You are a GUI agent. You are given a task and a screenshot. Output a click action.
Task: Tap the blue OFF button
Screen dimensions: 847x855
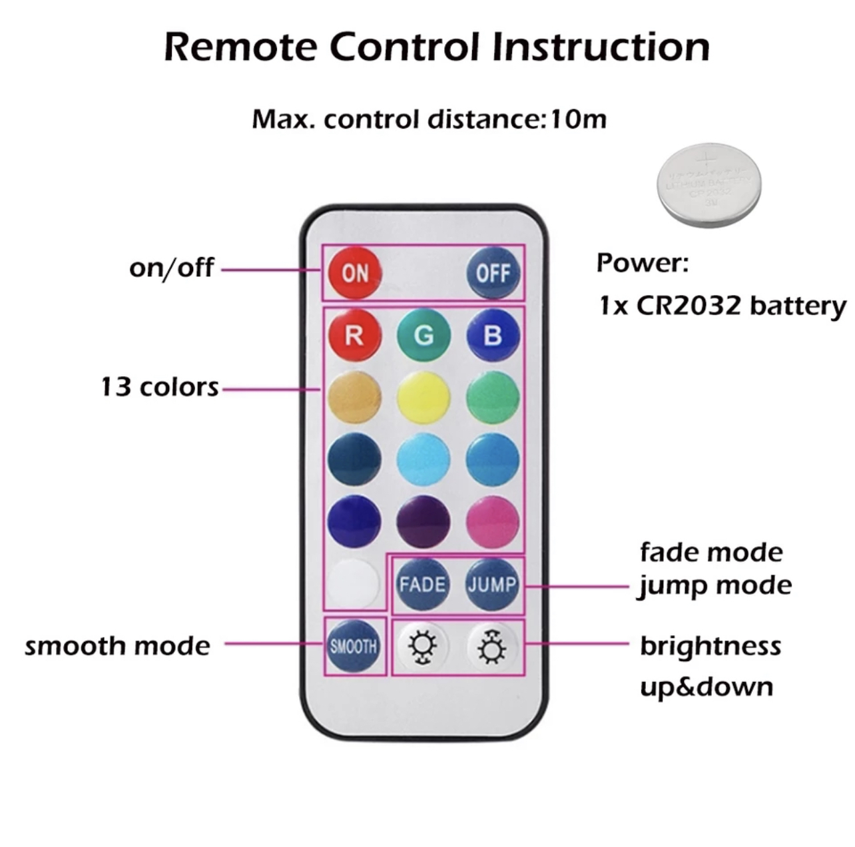click(x=493, y=273)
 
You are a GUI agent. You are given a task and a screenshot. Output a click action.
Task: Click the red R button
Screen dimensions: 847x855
click(x=354, y=335)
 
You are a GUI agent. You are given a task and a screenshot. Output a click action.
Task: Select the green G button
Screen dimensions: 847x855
click(x=424, y=335)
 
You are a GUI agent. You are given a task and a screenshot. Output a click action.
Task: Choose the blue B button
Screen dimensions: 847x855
click(x=493, y=335)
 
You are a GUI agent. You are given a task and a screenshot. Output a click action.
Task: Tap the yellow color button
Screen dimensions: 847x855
click(x=424, y=398)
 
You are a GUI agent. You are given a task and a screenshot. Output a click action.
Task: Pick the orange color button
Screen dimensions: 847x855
click(x=354, y=398)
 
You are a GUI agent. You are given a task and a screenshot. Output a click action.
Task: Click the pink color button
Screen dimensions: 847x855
click(x=493, y=521)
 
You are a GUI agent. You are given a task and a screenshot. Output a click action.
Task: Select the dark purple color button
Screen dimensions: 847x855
click(x=424, y=521)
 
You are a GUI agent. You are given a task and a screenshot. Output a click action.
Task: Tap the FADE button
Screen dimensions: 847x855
click(x=422, y=584)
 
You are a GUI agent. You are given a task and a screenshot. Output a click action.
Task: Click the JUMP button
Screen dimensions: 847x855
click(x=492, y=584)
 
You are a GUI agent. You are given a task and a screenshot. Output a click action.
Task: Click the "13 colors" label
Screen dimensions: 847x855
click(x=160, y=387)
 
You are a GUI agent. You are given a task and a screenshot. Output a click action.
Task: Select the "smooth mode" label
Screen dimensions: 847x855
click(x=117, y=646)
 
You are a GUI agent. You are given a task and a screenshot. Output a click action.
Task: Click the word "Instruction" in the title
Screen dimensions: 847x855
click(x=601, y=47)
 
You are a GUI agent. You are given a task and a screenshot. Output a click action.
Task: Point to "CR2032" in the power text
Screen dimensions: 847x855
click(x=689, y=306)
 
